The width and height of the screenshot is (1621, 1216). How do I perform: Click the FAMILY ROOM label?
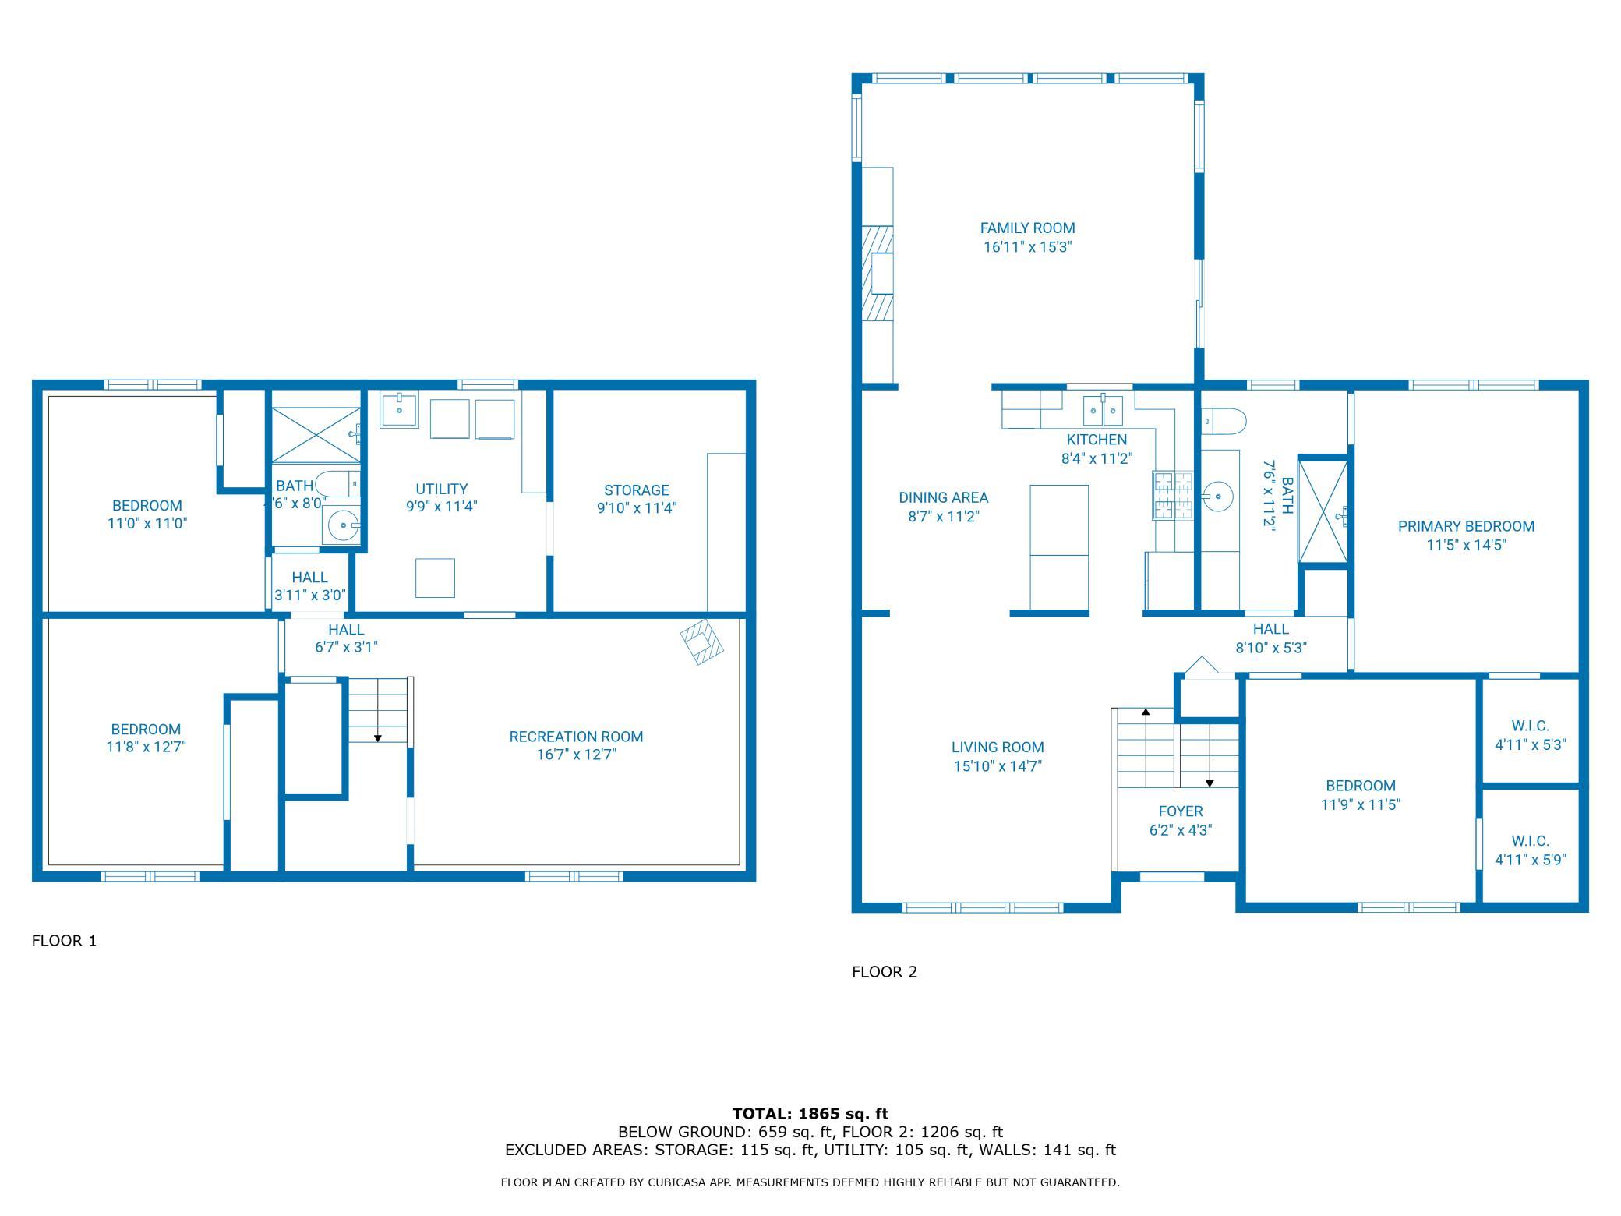[x=1027, y=228]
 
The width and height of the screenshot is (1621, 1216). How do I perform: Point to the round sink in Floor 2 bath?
[x=1216, y=495]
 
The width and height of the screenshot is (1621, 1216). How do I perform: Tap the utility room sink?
[x=398, y=410]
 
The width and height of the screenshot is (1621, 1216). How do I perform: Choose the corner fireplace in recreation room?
[x=702, y=642]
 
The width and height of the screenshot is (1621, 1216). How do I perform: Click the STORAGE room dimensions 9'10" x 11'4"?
[x=637, y=508]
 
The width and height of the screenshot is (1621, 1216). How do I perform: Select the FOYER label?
[x=1181, y=811]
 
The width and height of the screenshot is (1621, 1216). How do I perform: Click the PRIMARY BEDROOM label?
[x=1466, y=526]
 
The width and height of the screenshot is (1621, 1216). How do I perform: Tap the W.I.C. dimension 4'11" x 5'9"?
[x=1530, y=860]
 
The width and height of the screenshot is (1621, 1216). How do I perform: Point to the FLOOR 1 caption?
[x=64, y=941]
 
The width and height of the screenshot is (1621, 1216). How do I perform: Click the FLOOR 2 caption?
[x=885, y=972]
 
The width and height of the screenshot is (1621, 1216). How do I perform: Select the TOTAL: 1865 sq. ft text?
[x=810, y=1114]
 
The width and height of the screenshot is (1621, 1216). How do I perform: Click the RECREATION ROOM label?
[x=576, y=737]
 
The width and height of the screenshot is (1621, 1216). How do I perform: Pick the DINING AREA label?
[x=943, y=497]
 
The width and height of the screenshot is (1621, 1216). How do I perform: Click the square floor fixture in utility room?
[x=435, y=578]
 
